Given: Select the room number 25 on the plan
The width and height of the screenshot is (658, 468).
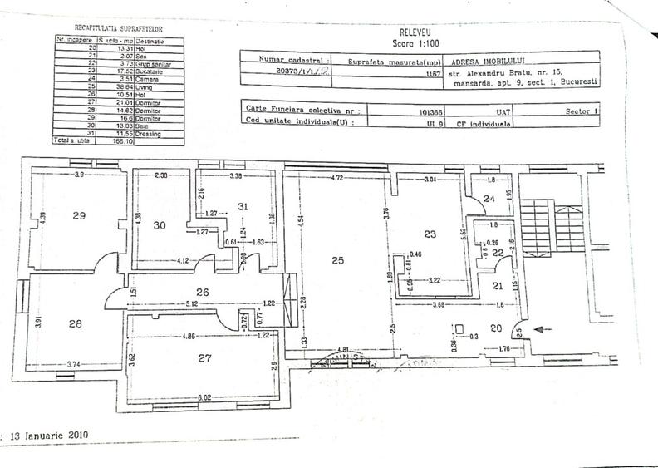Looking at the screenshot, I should click(336, 260).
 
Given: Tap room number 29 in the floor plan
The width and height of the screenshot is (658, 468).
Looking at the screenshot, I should click(79, 215).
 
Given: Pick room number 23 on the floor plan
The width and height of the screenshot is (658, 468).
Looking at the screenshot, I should click(430, 234).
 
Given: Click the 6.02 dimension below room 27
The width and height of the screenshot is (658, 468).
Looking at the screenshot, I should click(204, 398).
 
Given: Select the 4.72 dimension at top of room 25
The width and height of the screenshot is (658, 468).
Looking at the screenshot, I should click(337, 177).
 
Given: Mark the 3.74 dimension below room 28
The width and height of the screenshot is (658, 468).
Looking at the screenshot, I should click(74, 363).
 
